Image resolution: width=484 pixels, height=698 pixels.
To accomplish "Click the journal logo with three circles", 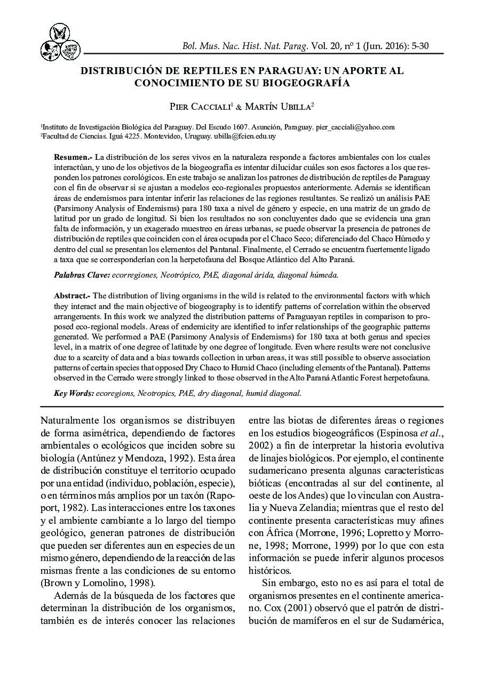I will (x=60, y=43).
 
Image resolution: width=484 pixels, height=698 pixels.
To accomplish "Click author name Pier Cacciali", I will (x=200, y=107).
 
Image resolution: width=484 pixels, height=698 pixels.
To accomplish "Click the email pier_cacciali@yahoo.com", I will (x=355, y=127).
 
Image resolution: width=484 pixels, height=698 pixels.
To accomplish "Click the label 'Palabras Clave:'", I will (x=82, y=275).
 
